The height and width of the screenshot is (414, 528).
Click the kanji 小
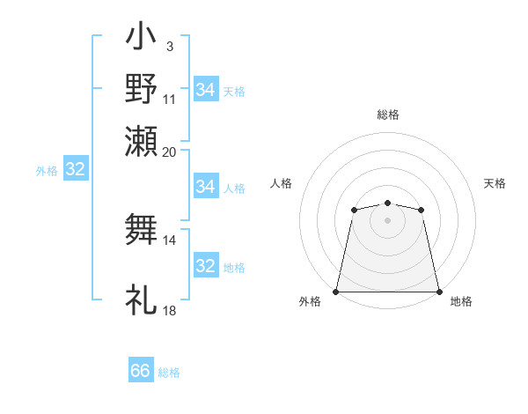pyautogui.click(x=142, y=39)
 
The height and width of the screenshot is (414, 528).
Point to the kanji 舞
pyautogui.click(x=142, y=228)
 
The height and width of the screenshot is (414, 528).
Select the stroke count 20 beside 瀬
pyautogui.click(x=170, y=152)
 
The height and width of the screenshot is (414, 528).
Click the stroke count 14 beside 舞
pyautogui.click(x=170, y=240)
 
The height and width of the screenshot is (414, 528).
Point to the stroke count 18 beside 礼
pyautogui.click(x=170, y=311)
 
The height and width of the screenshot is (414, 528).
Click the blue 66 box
pyautogui.click(x=141, y=371)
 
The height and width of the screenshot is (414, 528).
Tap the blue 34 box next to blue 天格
pyautogui.click(x=206, y=90)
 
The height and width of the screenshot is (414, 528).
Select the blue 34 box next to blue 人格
pyautogui.click(x=206, y=187)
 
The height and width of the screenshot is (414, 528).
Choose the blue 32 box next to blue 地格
pyautogui.click(x=206, y=266)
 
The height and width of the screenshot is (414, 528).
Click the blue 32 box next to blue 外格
pyautogui.click(x=76, y=170)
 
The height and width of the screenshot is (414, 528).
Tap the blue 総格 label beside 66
pyautogui.click(x=169, y=373)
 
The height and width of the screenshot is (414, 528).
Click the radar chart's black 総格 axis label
pyautogui.click(x=388, y=115)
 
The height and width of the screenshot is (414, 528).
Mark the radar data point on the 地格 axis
pyautogui.click(x=439, y=291)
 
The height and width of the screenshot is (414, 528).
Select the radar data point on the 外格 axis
pyautogui.click(x=336, y=291)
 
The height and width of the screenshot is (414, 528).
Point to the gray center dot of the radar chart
pyautogui.click(x=387, y=219)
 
